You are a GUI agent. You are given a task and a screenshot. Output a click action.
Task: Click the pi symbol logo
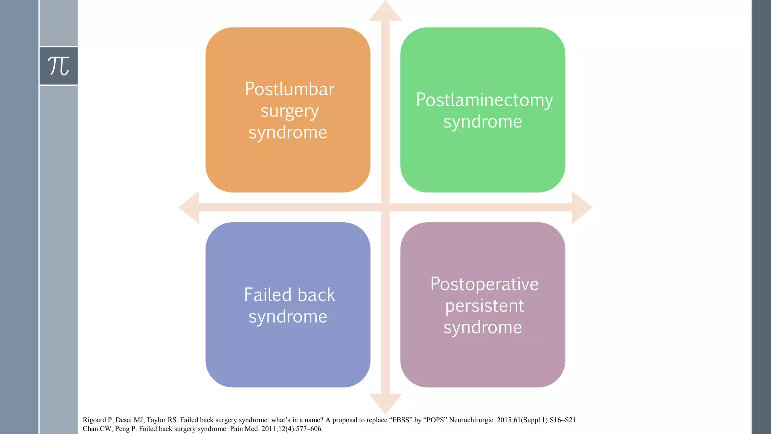tap(58, 66)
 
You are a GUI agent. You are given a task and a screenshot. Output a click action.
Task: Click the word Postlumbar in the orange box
tap(290, 89)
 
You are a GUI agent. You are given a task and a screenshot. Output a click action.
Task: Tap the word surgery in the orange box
tap(290, 112)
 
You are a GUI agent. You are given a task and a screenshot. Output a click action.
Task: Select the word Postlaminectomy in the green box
tap(484, 100)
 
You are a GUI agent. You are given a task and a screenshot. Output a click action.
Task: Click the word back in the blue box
tap(316, 295)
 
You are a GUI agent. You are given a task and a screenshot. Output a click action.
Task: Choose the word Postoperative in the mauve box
tap(484, 284)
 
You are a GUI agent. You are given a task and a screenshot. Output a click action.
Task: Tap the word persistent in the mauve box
tap(484, 306)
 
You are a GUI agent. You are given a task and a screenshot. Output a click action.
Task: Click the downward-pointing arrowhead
tap(385, 403)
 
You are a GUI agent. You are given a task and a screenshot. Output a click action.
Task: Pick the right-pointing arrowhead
tap(581, 207)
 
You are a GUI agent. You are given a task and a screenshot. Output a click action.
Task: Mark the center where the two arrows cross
tap(385, 207)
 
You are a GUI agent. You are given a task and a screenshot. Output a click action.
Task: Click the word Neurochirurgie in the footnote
tap(472, 420)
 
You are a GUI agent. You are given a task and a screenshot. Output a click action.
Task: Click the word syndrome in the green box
tap(482, 122)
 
